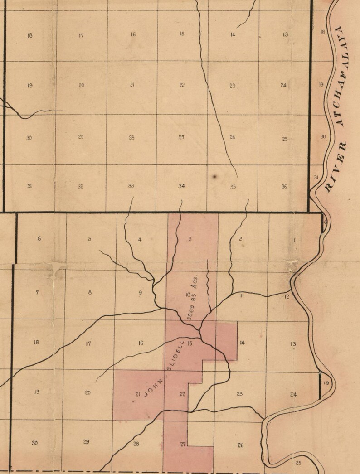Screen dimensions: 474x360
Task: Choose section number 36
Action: coord(284,186)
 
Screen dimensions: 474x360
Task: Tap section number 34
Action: coord(182,186)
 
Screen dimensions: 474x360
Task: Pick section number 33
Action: coord(131,185)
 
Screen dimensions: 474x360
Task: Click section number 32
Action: coord(80,186)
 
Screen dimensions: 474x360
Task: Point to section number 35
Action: coord(233,186)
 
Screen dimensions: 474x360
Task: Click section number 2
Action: coord(240,239)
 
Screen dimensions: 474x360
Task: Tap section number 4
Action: coord(140,239)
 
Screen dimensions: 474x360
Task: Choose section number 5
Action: coord(89,239)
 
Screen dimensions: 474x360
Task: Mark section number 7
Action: coord(37,292)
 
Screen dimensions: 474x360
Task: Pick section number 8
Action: coord(90,292)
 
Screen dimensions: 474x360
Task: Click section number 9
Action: coord(140,293)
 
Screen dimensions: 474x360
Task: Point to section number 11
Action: coord(242,295)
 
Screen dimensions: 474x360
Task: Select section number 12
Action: coord(287,297)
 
